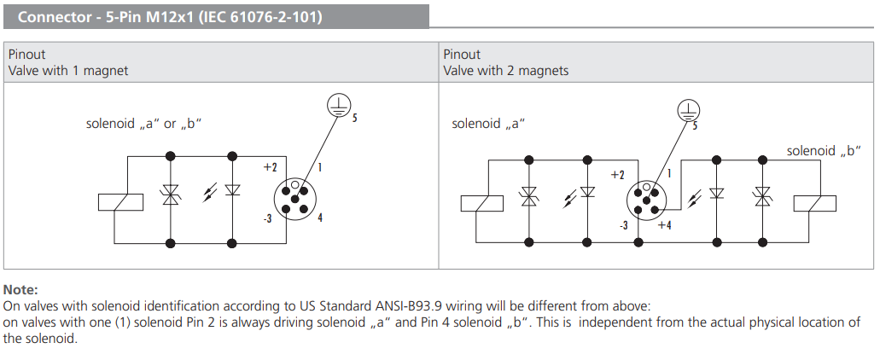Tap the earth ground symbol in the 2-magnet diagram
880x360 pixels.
tap(688, 110)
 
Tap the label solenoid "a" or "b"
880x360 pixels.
tap(143, 124)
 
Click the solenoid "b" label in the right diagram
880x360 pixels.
tap(823, 151)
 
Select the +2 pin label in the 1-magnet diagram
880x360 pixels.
tap(271, 167)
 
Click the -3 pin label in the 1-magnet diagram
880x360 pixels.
tap(267, 218)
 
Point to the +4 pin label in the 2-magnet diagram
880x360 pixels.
tap(664, 225)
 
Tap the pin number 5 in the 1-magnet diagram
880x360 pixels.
tap(354, 117)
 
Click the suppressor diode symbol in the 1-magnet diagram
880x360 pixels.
tap(171, 197)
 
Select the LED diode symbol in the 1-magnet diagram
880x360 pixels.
tap(232, 191)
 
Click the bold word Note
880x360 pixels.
tap(21, 290)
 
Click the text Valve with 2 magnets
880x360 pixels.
tap(505, 71)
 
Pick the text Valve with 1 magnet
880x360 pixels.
tap(68, 71)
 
